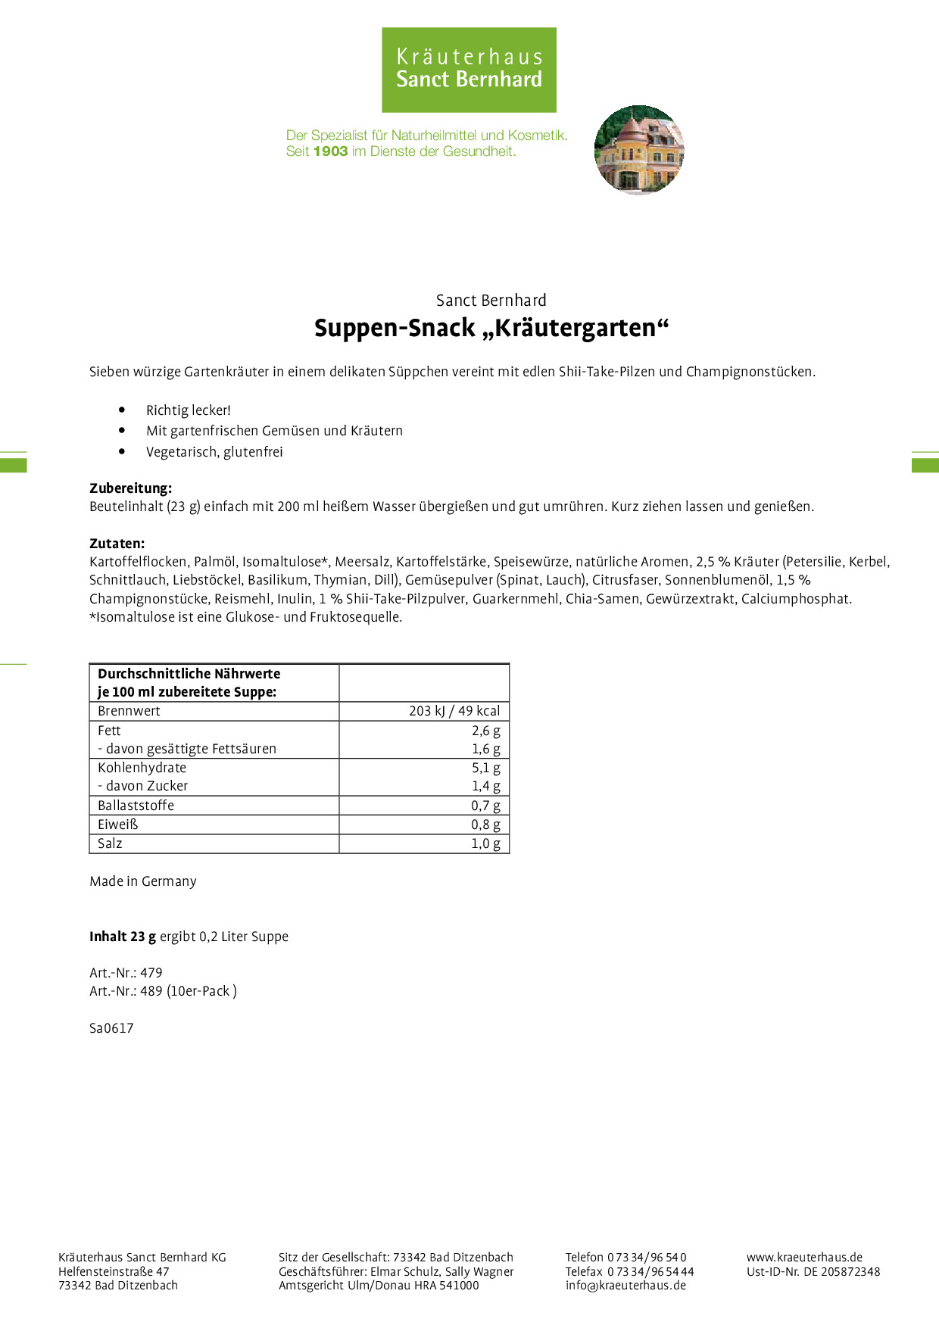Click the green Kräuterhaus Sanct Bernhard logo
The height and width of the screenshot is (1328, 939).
click(469, 70)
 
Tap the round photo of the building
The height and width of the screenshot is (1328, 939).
click(639, 150)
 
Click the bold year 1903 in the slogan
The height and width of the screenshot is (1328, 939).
click(330, 151)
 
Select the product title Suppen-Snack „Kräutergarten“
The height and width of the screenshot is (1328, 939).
click(491, 329)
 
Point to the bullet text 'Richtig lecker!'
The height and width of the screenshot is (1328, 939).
click(189, 410)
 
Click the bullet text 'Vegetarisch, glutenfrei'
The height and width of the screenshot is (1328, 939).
click(214, 452)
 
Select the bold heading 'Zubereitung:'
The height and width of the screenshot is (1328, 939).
click(130, 488)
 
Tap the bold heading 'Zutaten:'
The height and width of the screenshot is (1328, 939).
click(117, 544)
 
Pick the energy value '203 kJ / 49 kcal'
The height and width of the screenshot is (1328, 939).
click(454, 711)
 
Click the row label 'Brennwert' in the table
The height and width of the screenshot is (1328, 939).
click(129, 711)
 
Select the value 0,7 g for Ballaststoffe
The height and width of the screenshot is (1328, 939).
click(485, 806)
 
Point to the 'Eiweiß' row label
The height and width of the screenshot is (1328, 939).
click(118, 825)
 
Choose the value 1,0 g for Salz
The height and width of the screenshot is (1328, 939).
click(485, 843)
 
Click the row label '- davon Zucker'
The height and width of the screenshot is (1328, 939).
click(143, 786)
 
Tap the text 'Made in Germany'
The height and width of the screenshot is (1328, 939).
click(143, 881)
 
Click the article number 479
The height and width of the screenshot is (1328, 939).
click(151, 973)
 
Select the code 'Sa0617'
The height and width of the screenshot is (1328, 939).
click(111, 1028)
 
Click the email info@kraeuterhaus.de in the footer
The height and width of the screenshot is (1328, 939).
click(625, 1285)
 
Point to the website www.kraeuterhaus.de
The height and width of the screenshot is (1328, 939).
click(804, 1257)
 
